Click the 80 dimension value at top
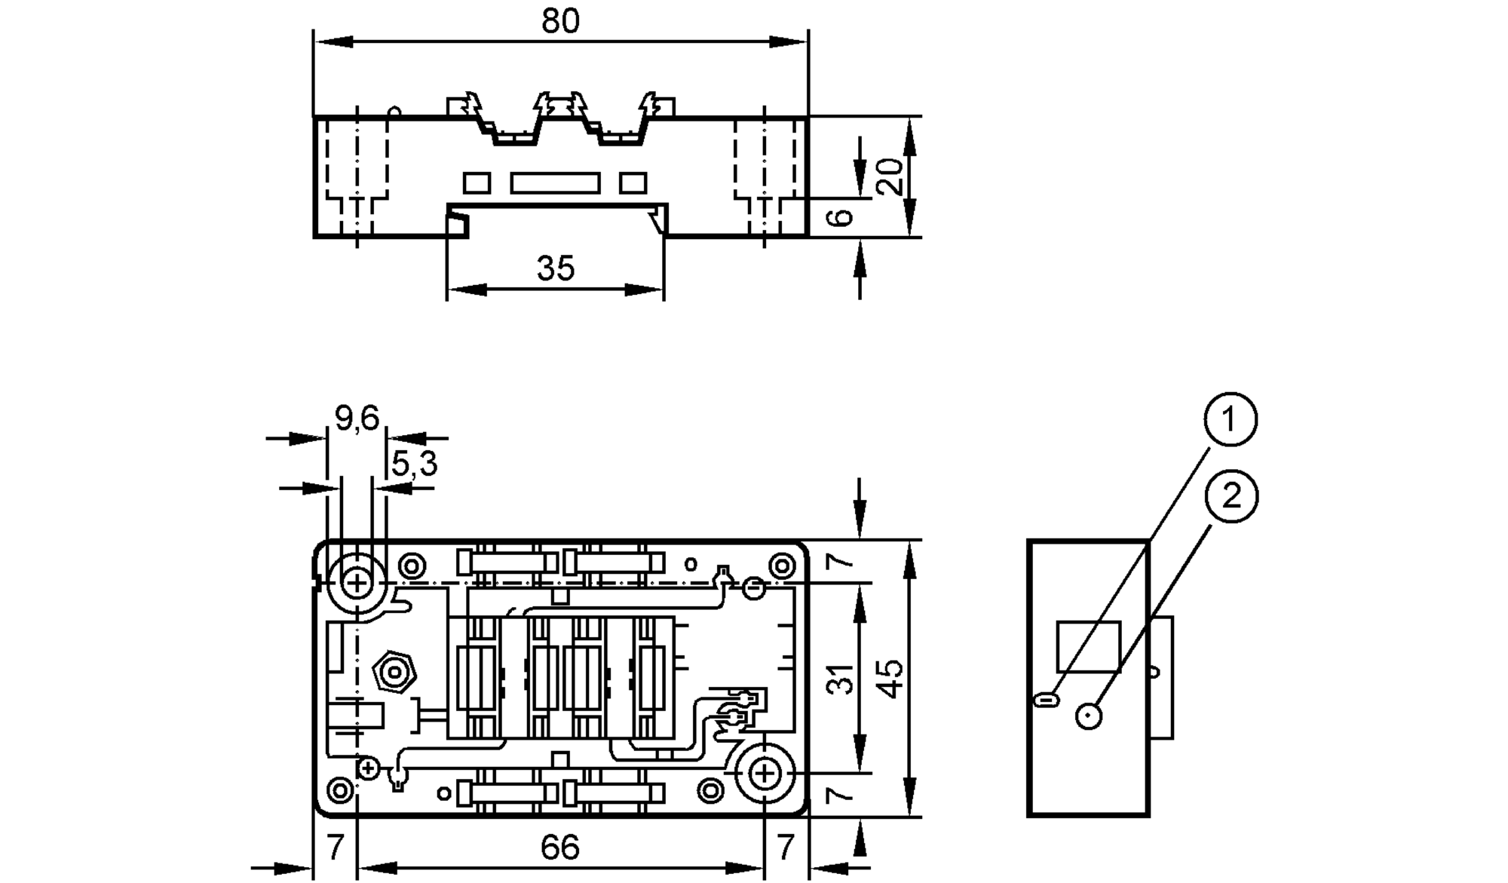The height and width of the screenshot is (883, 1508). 560,21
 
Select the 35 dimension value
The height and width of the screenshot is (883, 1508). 556,268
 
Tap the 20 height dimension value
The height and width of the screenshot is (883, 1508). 891,176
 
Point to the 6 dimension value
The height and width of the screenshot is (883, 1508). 840,217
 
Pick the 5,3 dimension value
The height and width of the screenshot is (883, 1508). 414,464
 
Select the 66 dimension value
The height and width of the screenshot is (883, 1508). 559,848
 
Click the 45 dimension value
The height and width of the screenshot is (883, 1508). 891,679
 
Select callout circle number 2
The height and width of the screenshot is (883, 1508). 1231,495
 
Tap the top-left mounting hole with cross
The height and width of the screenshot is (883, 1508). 357,583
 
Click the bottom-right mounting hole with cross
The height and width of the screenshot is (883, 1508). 765,773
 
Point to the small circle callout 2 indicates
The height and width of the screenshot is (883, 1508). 1089,716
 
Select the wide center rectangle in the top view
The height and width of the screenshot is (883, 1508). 555,183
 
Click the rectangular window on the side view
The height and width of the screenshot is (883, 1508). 1088,646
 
